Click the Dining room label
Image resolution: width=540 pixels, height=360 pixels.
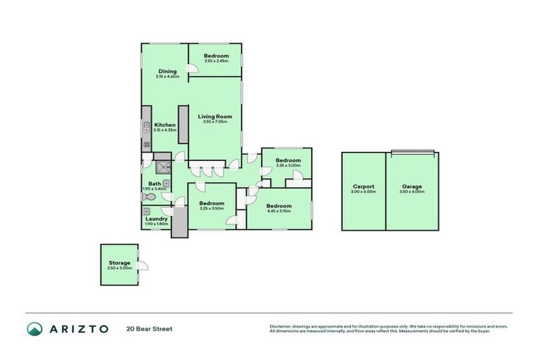click(x=167, y=71)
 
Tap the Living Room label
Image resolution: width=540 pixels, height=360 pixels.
click(x=214, y=117)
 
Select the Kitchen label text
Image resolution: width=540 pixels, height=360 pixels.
click(x=165, y=125)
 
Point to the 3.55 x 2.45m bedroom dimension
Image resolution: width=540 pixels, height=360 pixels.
click(x=217, y=61)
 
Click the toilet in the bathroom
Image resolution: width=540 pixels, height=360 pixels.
click(x=148, y=198)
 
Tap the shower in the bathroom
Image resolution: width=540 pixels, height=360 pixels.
click(x=162, y=167)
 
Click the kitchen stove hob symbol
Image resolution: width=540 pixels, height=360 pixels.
click(x=147, y=145)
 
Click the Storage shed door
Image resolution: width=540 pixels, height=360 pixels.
click(x=142, y=266)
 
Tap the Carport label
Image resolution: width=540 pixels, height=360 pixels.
click(x=363, y=186)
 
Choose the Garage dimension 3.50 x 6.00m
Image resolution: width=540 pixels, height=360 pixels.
click(x=412, y=192)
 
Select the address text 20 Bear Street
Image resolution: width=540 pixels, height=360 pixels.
click(x=149, y=328)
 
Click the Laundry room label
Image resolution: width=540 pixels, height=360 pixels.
click(x=155, y=218)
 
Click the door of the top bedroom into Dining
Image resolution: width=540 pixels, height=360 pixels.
click(x=191, y=69)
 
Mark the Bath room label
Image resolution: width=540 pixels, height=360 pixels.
click(x=154, y=183)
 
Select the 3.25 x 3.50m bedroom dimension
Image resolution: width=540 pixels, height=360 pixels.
click(x=212, y=208)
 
